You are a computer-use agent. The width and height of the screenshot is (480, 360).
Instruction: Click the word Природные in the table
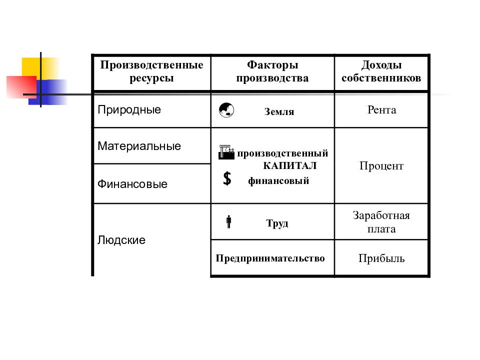[129, 110]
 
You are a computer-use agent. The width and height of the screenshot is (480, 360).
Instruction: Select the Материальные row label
[139, 146]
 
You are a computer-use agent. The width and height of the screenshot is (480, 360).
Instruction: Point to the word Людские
[121, 240]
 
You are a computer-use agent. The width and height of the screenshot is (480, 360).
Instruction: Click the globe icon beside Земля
[226, 110]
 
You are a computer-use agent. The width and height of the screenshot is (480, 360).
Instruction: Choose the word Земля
[279, 111]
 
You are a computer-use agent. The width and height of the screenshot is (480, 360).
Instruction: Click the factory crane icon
[226, 152]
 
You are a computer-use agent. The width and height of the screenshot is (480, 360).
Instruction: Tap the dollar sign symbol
[227, 178]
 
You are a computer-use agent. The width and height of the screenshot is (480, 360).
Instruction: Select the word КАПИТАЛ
[290, 165]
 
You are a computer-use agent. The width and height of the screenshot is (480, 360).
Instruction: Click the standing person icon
[228, 222]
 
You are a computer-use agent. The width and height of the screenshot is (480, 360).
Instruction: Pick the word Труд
[277, 223]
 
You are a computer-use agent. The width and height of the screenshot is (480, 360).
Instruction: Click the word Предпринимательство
[270, 258]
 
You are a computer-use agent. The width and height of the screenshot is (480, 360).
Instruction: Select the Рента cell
[381, 110]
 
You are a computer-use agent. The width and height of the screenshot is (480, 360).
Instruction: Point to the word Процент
[381, 166]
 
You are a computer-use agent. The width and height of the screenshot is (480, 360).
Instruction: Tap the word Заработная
[381, 215]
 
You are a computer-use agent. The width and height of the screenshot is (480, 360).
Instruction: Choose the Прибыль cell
[381, 258]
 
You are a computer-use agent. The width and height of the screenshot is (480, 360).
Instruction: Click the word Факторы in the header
[273, 65]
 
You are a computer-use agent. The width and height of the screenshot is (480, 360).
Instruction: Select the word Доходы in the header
[381, 65]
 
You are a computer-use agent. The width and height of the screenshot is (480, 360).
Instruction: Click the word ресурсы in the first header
[151, 78]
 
